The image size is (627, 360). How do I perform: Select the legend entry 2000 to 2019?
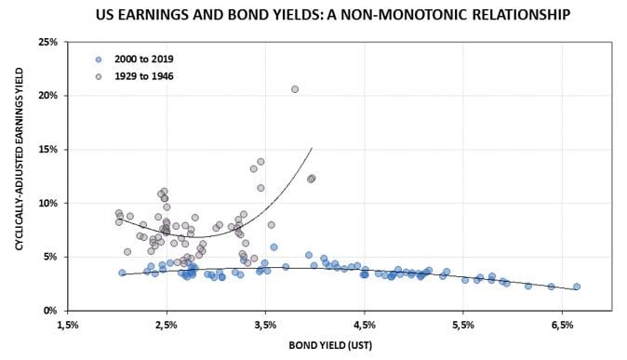(x=144, y=58)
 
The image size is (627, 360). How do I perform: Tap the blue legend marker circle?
(x=99, y=58)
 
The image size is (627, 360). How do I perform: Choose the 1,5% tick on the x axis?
(x=68, y=325)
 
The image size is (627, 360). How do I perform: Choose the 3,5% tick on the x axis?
(x=266, y=325)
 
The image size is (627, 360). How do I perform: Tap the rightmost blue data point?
(x=577, y=287)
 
